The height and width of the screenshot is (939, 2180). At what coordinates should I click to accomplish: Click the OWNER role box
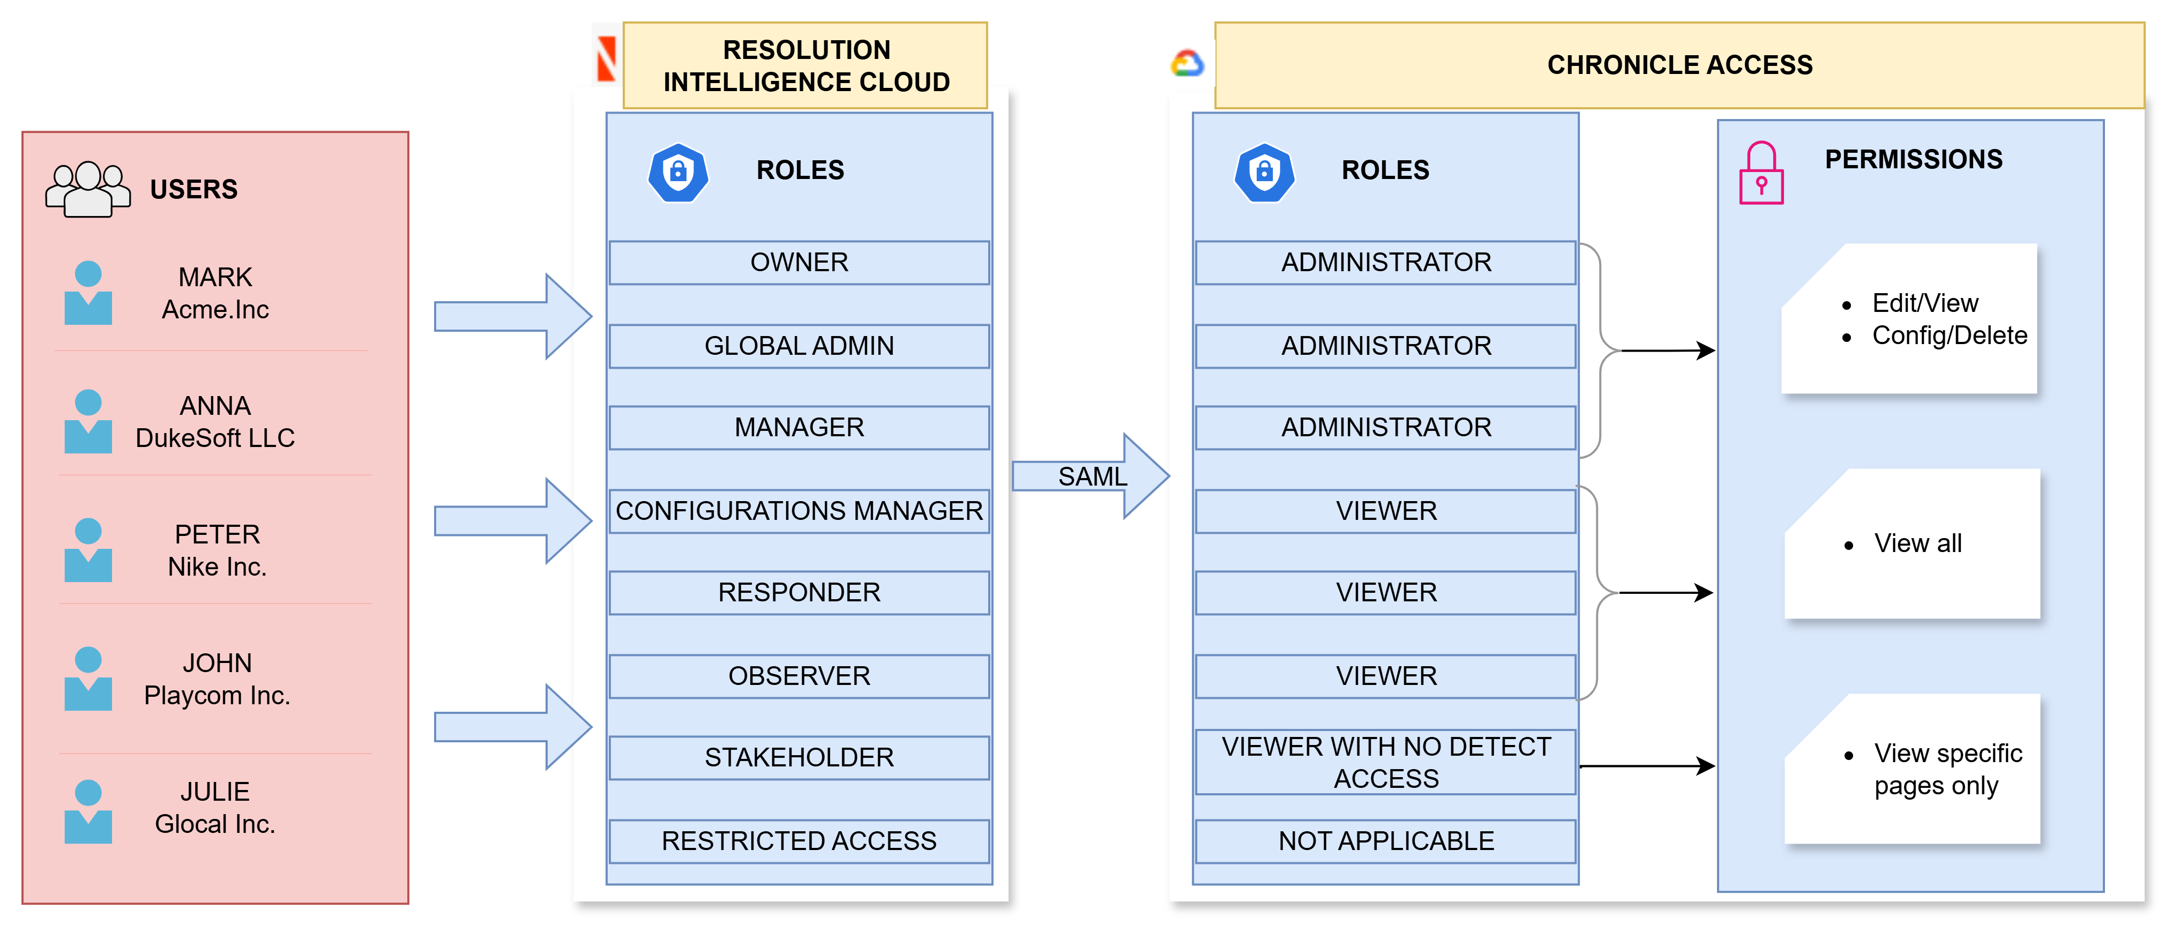[799, 263]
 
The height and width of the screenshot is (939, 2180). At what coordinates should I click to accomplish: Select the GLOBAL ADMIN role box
[799, 346]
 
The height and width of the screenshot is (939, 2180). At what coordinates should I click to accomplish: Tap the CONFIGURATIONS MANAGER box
[799, 511]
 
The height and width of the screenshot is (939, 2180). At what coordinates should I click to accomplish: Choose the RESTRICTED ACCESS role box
[799, 841]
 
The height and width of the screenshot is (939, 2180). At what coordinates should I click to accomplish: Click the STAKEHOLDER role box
[799, 757]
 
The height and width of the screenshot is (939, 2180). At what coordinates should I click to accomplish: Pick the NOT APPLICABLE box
[1385, 841]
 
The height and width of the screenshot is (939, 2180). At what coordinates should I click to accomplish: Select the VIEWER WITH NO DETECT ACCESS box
[1385, 762]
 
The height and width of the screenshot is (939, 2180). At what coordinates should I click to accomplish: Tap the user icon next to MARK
[88, 293]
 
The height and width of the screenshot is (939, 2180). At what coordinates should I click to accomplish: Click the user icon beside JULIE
[88, 811]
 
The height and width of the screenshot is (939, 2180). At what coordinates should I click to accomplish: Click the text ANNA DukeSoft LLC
[215, 422]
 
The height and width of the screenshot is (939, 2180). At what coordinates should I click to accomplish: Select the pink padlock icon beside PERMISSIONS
[1761, 174]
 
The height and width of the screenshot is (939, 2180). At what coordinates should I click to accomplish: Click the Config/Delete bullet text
[1949, 336]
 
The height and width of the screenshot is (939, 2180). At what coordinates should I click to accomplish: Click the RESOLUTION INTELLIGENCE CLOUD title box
[805, 66]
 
